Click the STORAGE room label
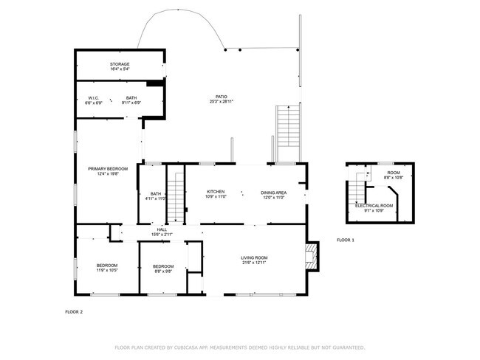[120, 64]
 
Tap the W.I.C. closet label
[94, 97]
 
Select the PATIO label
[221, 97]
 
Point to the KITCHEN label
[216, 192]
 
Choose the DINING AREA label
[273, 192]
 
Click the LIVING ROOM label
[254, 257]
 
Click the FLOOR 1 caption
[346, 240]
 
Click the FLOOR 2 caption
[75, 312]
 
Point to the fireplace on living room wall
[312, 256]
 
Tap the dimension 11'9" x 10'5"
[107, 271]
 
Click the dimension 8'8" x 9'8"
[162, 271]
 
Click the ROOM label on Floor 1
[394, 173]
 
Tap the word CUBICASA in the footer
[193, 347]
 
